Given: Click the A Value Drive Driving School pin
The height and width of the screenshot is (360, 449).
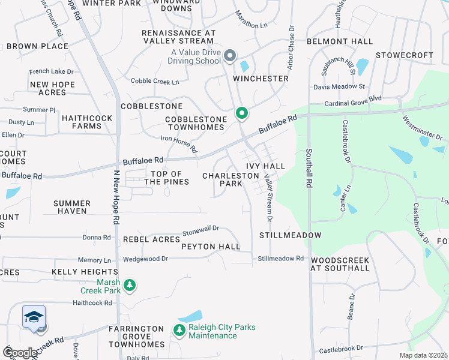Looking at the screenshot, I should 230,56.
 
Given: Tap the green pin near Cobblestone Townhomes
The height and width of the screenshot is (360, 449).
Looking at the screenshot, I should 242,113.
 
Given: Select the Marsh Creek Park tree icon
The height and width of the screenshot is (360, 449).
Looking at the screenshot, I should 129,286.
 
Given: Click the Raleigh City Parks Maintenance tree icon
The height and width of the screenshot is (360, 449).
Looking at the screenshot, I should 179,330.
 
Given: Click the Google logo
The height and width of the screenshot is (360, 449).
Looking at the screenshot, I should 20,353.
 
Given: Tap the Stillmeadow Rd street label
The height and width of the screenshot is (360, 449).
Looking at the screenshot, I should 281,259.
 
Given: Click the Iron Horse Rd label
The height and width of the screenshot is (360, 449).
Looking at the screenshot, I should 179,144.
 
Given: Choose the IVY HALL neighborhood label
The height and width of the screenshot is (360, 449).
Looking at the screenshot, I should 265,166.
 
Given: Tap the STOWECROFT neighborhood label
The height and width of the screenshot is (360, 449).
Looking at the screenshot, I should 405,55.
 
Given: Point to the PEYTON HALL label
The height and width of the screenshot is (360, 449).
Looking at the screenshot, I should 211,247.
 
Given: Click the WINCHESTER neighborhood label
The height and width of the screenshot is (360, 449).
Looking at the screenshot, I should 261,79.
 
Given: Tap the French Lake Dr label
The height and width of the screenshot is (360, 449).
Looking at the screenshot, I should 51,71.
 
